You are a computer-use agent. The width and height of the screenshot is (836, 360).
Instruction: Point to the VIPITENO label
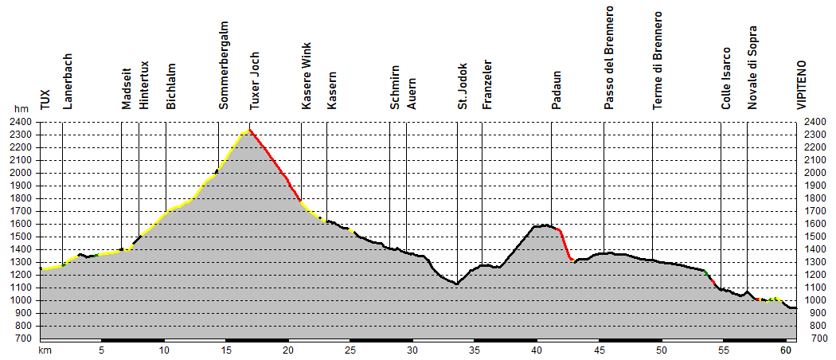800,84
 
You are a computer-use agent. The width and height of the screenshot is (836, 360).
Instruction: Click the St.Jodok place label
462,86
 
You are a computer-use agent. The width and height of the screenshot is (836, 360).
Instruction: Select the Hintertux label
143,88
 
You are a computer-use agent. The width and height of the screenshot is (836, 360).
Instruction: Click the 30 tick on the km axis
412,350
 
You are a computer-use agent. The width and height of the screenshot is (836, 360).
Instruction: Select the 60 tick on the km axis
786,350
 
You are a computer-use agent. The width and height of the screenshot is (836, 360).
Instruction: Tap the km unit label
45,350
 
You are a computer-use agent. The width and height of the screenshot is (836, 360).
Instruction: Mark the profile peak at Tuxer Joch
249,131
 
